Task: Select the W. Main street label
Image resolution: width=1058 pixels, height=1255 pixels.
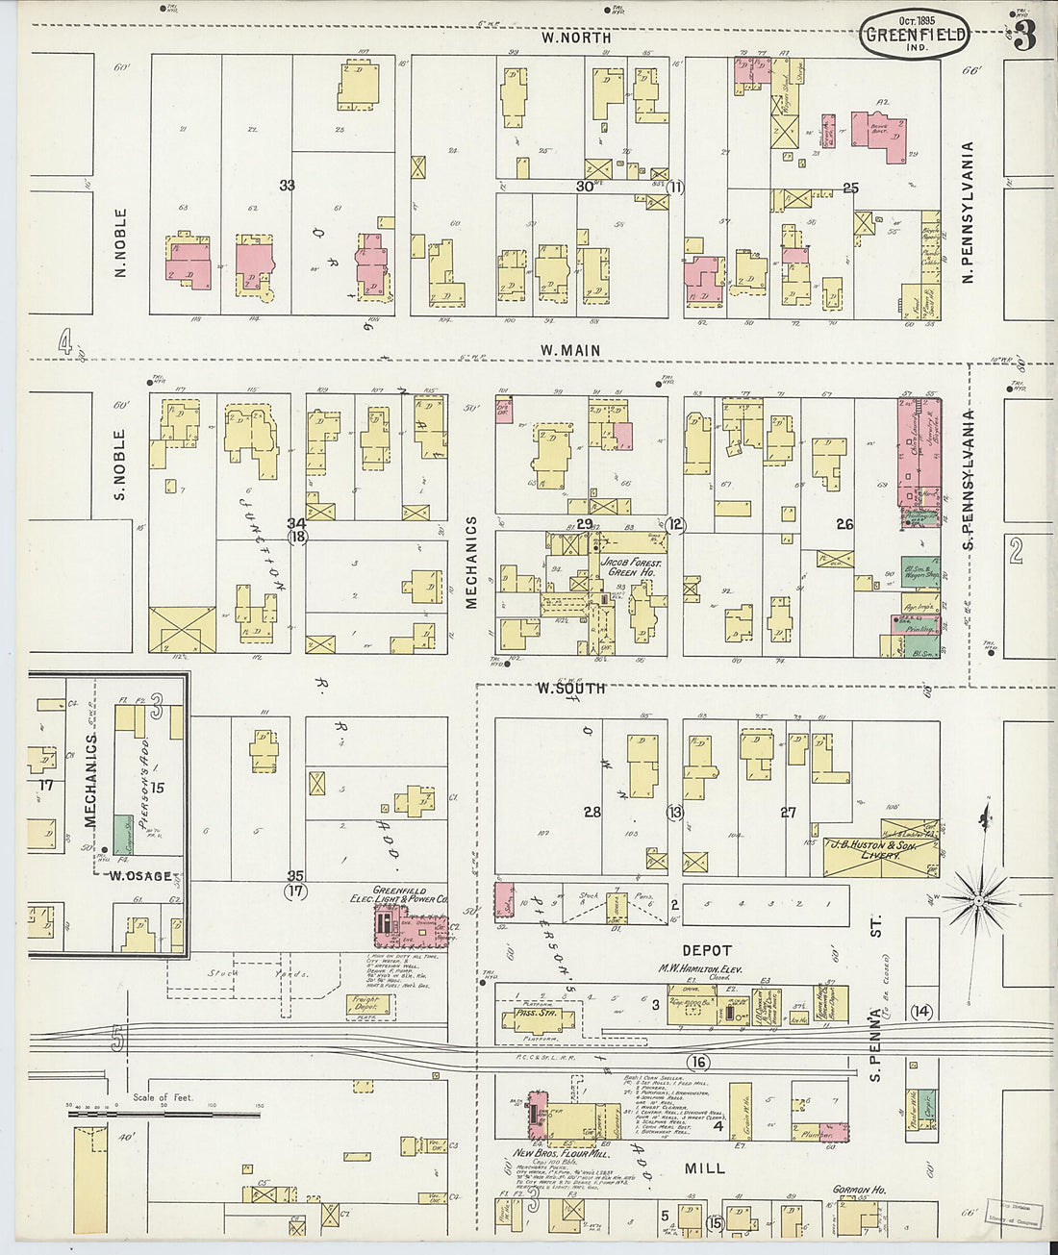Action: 569,350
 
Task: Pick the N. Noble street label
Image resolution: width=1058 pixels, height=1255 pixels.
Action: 121,243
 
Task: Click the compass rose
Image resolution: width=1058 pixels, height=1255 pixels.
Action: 977,899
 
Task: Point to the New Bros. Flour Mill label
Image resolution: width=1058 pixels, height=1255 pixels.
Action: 563,1153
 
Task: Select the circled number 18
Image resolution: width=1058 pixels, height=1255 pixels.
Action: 297,538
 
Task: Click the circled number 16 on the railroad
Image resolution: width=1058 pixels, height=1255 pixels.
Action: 698,1062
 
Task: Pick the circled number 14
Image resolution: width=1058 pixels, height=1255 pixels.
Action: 921,1011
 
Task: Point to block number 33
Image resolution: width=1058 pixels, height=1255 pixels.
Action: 287,186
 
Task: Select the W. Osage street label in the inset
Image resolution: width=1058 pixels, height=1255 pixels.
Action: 140,876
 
